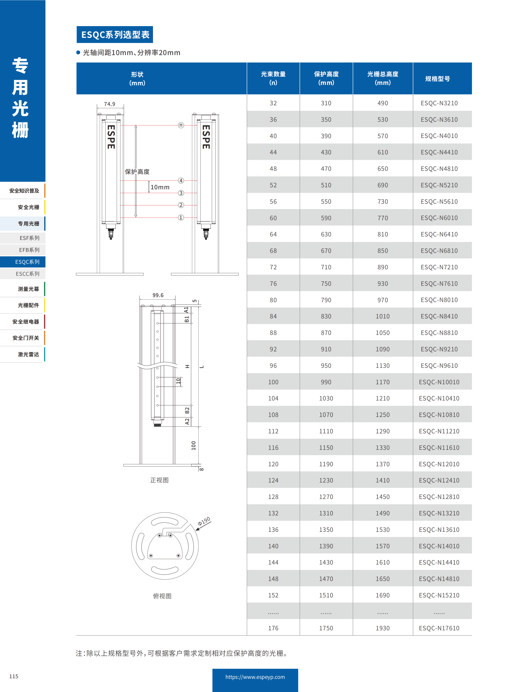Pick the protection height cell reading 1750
(326, 628)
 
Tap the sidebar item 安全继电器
(26, 322)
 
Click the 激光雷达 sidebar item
(28, 354)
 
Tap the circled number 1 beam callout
(181, 217)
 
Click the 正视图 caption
(159, 480)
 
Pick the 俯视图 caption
(162, 596)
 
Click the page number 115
(14, 676)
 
